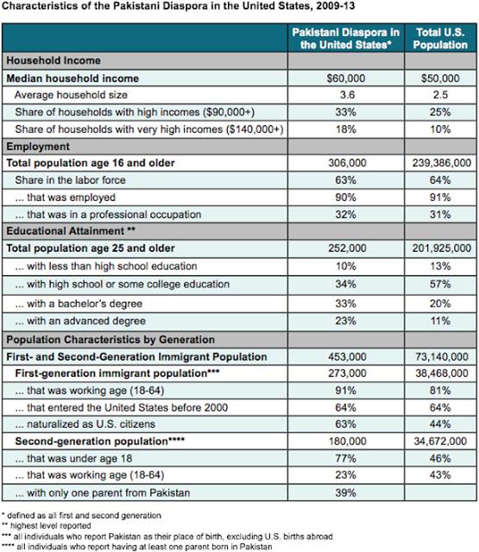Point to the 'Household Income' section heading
click(x=54, y=61)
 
